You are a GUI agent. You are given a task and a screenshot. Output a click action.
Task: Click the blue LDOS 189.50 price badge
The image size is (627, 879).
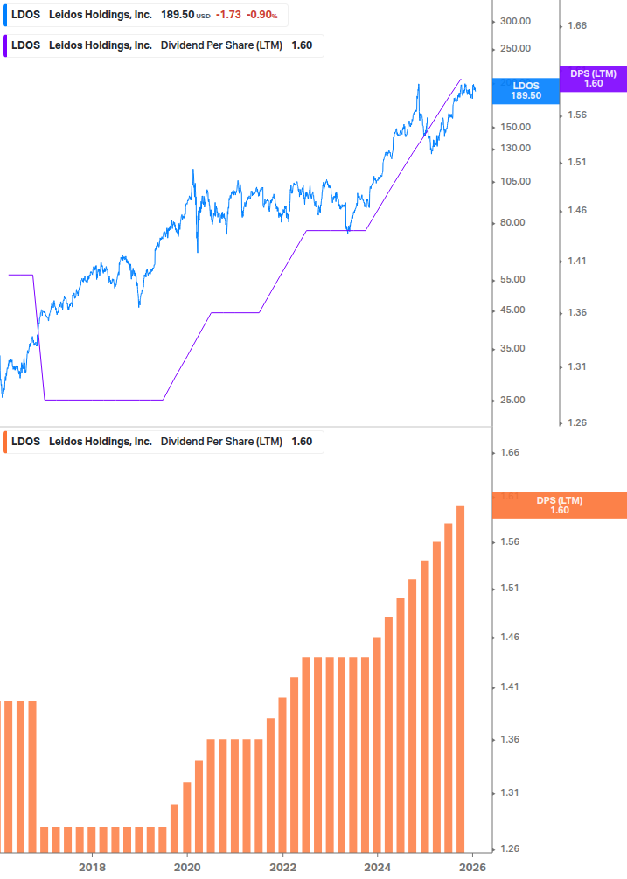coord(526,90)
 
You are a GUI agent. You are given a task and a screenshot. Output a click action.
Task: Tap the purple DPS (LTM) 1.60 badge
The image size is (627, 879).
coord(592,79)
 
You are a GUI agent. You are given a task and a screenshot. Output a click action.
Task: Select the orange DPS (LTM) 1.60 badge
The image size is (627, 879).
coord(559,506)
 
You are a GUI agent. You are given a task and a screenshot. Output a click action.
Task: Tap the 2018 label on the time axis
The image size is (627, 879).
coord(92,868)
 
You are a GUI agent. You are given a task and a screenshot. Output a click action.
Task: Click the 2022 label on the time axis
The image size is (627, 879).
coord(282,868)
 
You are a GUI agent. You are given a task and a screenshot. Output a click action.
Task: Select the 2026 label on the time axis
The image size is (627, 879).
coord(472,868)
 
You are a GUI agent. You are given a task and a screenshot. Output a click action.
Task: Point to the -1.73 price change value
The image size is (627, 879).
coord(228,16)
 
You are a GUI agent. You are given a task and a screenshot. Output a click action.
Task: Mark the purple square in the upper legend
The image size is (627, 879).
coord(7,46)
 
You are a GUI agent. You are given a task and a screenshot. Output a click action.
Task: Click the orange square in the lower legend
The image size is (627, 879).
coord(7,442)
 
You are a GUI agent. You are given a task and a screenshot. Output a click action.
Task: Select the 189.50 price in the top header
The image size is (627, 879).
coord(178,16)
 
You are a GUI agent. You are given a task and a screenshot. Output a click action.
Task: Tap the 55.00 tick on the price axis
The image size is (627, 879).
coord(514,279)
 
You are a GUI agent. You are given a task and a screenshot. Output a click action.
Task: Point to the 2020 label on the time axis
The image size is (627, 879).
coord(187,868)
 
